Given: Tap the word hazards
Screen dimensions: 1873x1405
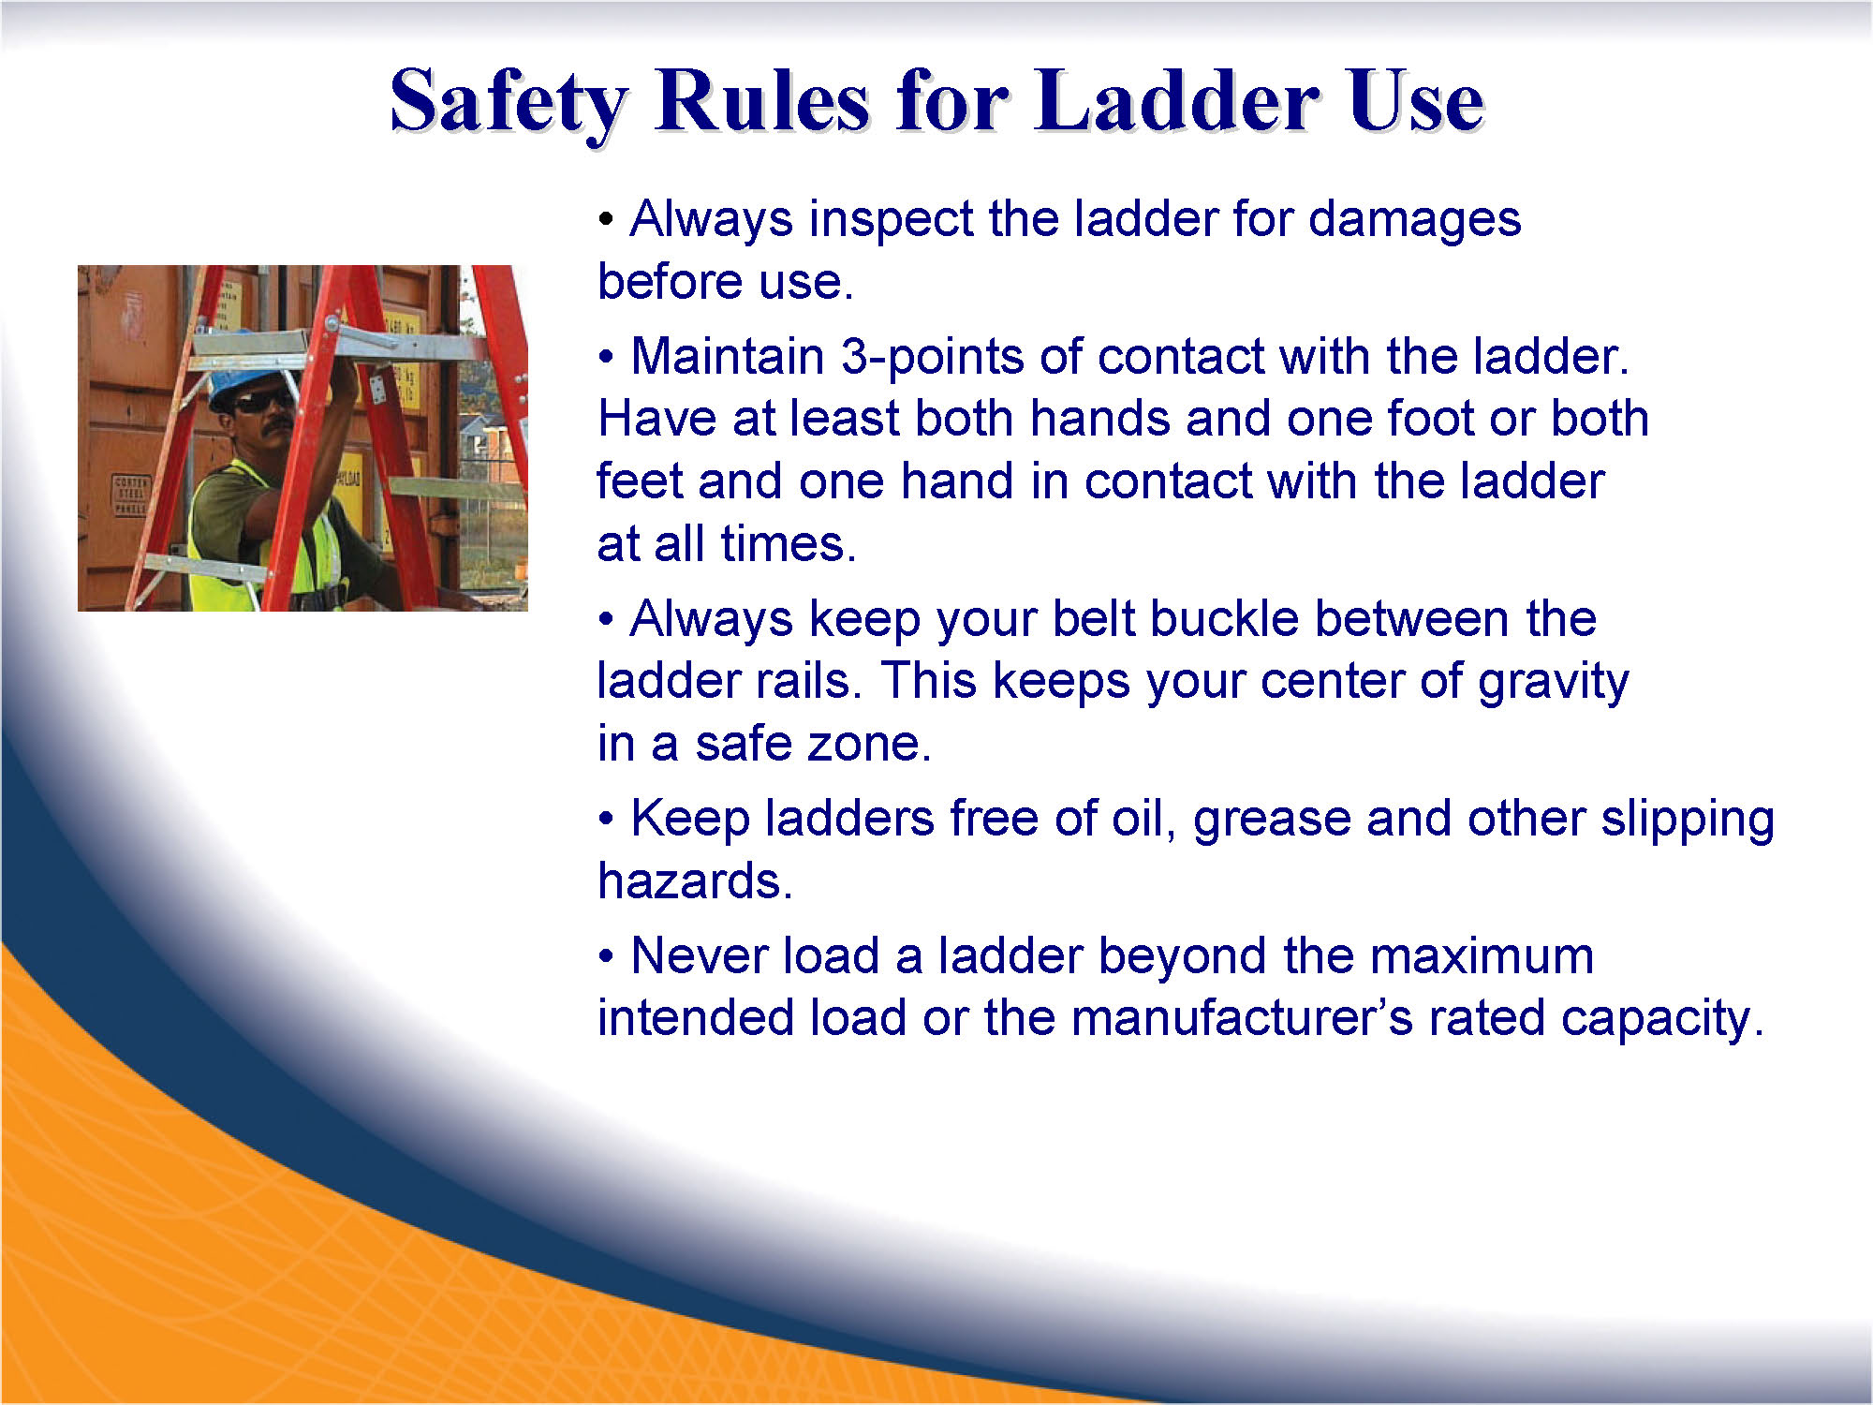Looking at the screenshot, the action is click(x=695, y=881).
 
